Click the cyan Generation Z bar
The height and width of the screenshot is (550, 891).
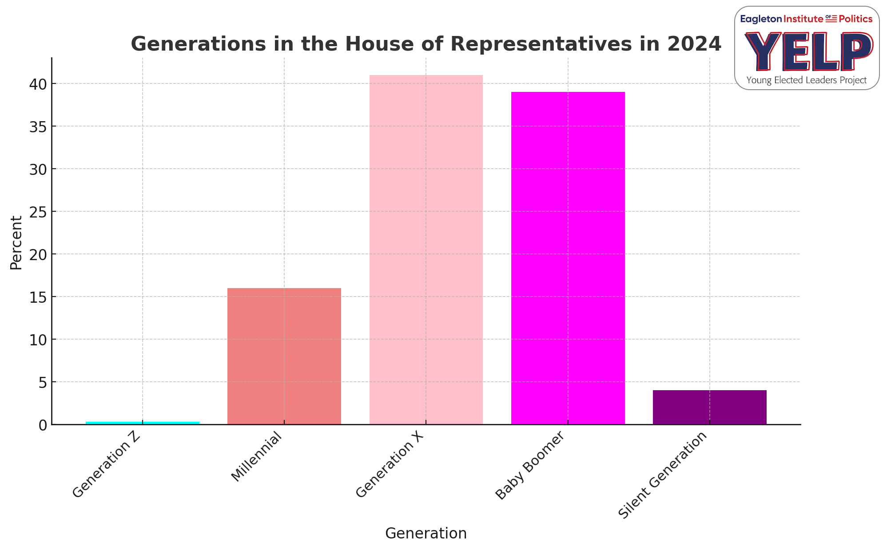click(x=142, y=423)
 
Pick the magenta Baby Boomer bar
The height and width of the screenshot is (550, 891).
click(x=568, y=258)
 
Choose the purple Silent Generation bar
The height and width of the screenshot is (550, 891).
click(x=709, y=407)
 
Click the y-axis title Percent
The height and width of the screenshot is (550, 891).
click(x=16, y=242)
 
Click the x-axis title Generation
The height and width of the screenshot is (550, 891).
click(x=426, y=533)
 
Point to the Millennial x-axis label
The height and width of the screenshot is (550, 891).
click(x=257, y=457)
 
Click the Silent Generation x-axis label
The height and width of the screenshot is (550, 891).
click(x=662, y=475)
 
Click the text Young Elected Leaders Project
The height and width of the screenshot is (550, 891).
click(x=806, y=80)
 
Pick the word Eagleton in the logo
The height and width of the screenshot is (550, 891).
click(x=760, y=19)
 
